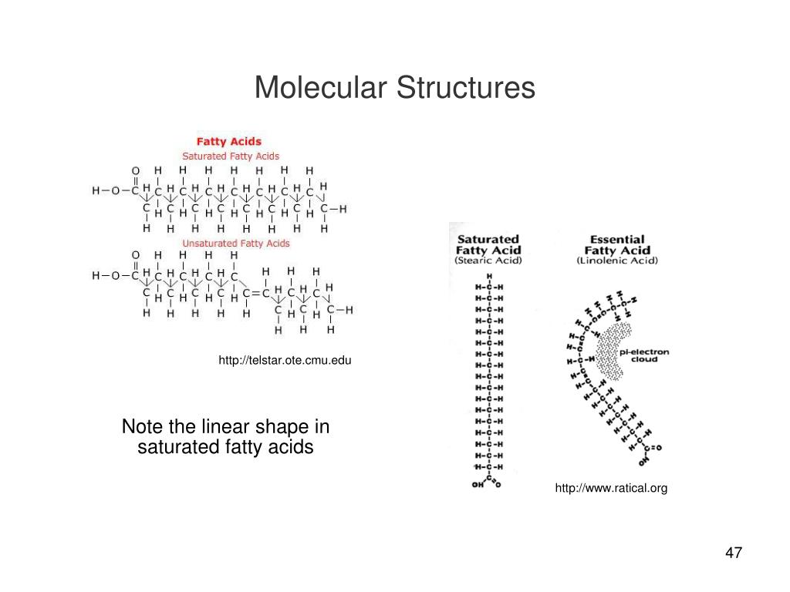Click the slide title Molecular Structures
click(x=394, y=88)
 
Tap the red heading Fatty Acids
click(x=229, y=142)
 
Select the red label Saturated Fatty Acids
click(x=231, y=156)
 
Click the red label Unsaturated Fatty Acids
click(x=236, y=244)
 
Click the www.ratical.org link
click(x=611, y=488)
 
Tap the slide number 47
click(x=733, y=553)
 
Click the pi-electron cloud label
click(x=645, y=355)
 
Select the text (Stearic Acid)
click(x=488, y=261)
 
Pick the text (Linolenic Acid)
click(x=617, y=261)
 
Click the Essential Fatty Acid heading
click(x=617, y=244)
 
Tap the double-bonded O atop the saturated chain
click(x=136, y=170)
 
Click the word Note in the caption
click(x=140, y=427)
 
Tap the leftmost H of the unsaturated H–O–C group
click(x=96, y=276)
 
